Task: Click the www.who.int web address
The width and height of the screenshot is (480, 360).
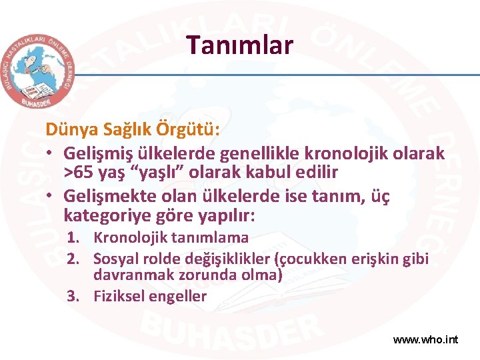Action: pos(425,339)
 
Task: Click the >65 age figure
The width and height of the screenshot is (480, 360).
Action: pos(82,173)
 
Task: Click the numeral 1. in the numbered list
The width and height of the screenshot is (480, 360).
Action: pos(75,237)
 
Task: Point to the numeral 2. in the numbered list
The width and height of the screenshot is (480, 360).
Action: pos(75,259)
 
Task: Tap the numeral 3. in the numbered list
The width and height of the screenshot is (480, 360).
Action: pos(75,296)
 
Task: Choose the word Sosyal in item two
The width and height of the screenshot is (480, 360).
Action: pos(114,259)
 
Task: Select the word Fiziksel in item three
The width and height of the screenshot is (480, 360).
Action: pos(118,296)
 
